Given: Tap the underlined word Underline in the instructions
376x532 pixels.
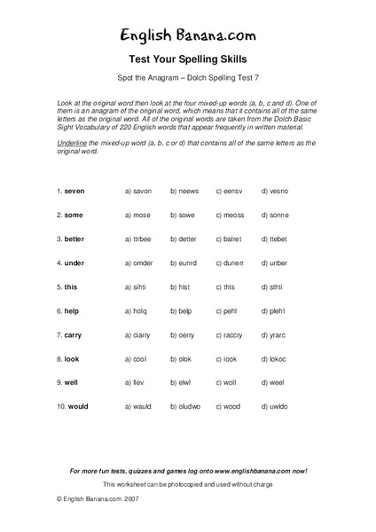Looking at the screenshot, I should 70,142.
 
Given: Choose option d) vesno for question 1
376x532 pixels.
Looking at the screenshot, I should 274,191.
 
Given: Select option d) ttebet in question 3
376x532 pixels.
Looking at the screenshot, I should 275,239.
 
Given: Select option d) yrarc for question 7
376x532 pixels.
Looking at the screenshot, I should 274,335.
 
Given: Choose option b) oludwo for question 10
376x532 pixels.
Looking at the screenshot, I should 186,407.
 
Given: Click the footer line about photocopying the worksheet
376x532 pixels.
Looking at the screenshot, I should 188,485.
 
